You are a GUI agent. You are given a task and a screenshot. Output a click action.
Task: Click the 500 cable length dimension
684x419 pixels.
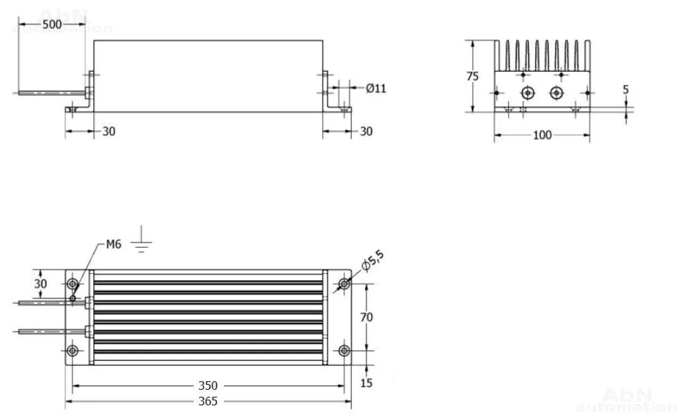click(x=52, y=25)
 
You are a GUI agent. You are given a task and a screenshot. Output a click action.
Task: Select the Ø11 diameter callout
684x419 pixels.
click(x=376, y=88)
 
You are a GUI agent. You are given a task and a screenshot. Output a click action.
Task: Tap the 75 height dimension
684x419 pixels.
click(x=472, y=76)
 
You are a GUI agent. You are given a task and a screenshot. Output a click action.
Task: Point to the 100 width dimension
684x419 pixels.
click(x=542, y=135)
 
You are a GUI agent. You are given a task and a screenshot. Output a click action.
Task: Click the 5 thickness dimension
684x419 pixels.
click(x=626, y=90)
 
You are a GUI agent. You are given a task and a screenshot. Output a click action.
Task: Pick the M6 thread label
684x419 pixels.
click(x=114, y=244)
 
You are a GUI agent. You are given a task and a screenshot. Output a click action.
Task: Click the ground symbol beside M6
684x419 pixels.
click(x=141, y=239)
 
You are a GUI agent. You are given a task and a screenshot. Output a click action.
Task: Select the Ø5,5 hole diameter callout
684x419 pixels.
click(x=373, y=260)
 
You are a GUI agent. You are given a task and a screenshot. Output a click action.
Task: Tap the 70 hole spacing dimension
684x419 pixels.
click(x=366, y=317)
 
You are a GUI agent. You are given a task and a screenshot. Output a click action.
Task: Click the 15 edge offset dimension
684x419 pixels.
click(x=366, y=383)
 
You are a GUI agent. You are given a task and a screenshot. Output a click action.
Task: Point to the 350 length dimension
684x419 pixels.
click(x=208, y=386)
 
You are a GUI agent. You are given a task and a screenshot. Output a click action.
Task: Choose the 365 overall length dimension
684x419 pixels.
click(x=208, y=401)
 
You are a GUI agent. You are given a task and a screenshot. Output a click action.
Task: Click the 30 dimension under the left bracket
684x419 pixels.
click(x=109, y=131)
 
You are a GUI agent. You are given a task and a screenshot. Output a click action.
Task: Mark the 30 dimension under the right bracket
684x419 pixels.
click(x=366, y=131)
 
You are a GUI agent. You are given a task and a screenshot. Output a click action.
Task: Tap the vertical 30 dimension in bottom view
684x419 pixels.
click(x=41, y=283)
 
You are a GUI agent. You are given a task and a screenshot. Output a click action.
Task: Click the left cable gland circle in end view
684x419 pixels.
click(x=528, y=92)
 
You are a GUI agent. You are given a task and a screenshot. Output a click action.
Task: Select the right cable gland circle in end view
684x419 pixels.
click(x=557, y=92)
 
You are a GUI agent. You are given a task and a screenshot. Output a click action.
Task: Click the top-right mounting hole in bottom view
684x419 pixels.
click(x=344, y=284)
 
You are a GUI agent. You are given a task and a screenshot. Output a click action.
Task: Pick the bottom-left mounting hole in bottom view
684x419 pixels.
click(x=73, y=351)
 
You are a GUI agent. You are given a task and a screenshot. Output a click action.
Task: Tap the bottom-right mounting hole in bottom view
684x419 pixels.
click(x=344, y=351)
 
